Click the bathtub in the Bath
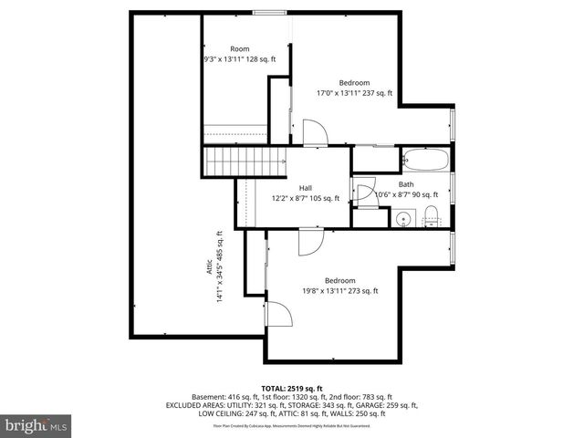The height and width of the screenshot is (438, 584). coord(425,161)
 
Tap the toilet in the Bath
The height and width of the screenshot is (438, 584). coord(432,215)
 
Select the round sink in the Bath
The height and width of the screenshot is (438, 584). coord(403,217)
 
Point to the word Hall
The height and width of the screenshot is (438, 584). coord(293,187)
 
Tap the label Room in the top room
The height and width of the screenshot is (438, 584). coord(240,48)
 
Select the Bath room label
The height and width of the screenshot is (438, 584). coord(406,184)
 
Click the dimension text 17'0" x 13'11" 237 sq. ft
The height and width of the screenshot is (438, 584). coord(354,92)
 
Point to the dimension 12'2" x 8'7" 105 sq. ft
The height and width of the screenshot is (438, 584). coord(305,198)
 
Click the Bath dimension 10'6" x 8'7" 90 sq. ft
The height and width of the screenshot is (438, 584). coord(408,194)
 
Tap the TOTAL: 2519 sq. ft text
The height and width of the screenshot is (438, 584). coord(291,388)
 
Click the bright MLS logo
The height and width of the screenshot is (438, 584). coord(36,425)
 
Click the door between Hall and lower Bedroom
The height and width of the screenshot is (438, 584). coord(309,242)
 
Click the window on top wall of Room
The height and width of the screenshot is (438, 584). coord(266,13)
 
